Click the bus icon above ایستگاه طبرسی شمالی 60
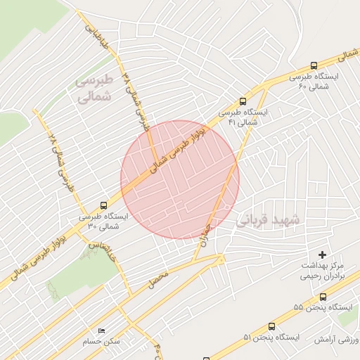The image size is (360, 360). tap(313, 64)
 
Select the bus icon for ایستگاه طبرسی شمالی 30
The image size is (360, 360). tap(104, 205)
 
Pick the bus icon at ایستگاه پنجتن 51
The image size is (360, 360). tap(271, 327)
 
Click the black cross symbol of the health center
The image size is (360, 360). tap(323, 254)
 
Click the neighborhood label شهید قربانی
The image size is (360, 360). tap(268, 219)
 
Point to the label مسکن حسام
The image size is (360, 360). tap(102, 341)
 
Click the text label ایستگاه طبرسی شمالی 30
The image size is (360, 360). tap(103, 221)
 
